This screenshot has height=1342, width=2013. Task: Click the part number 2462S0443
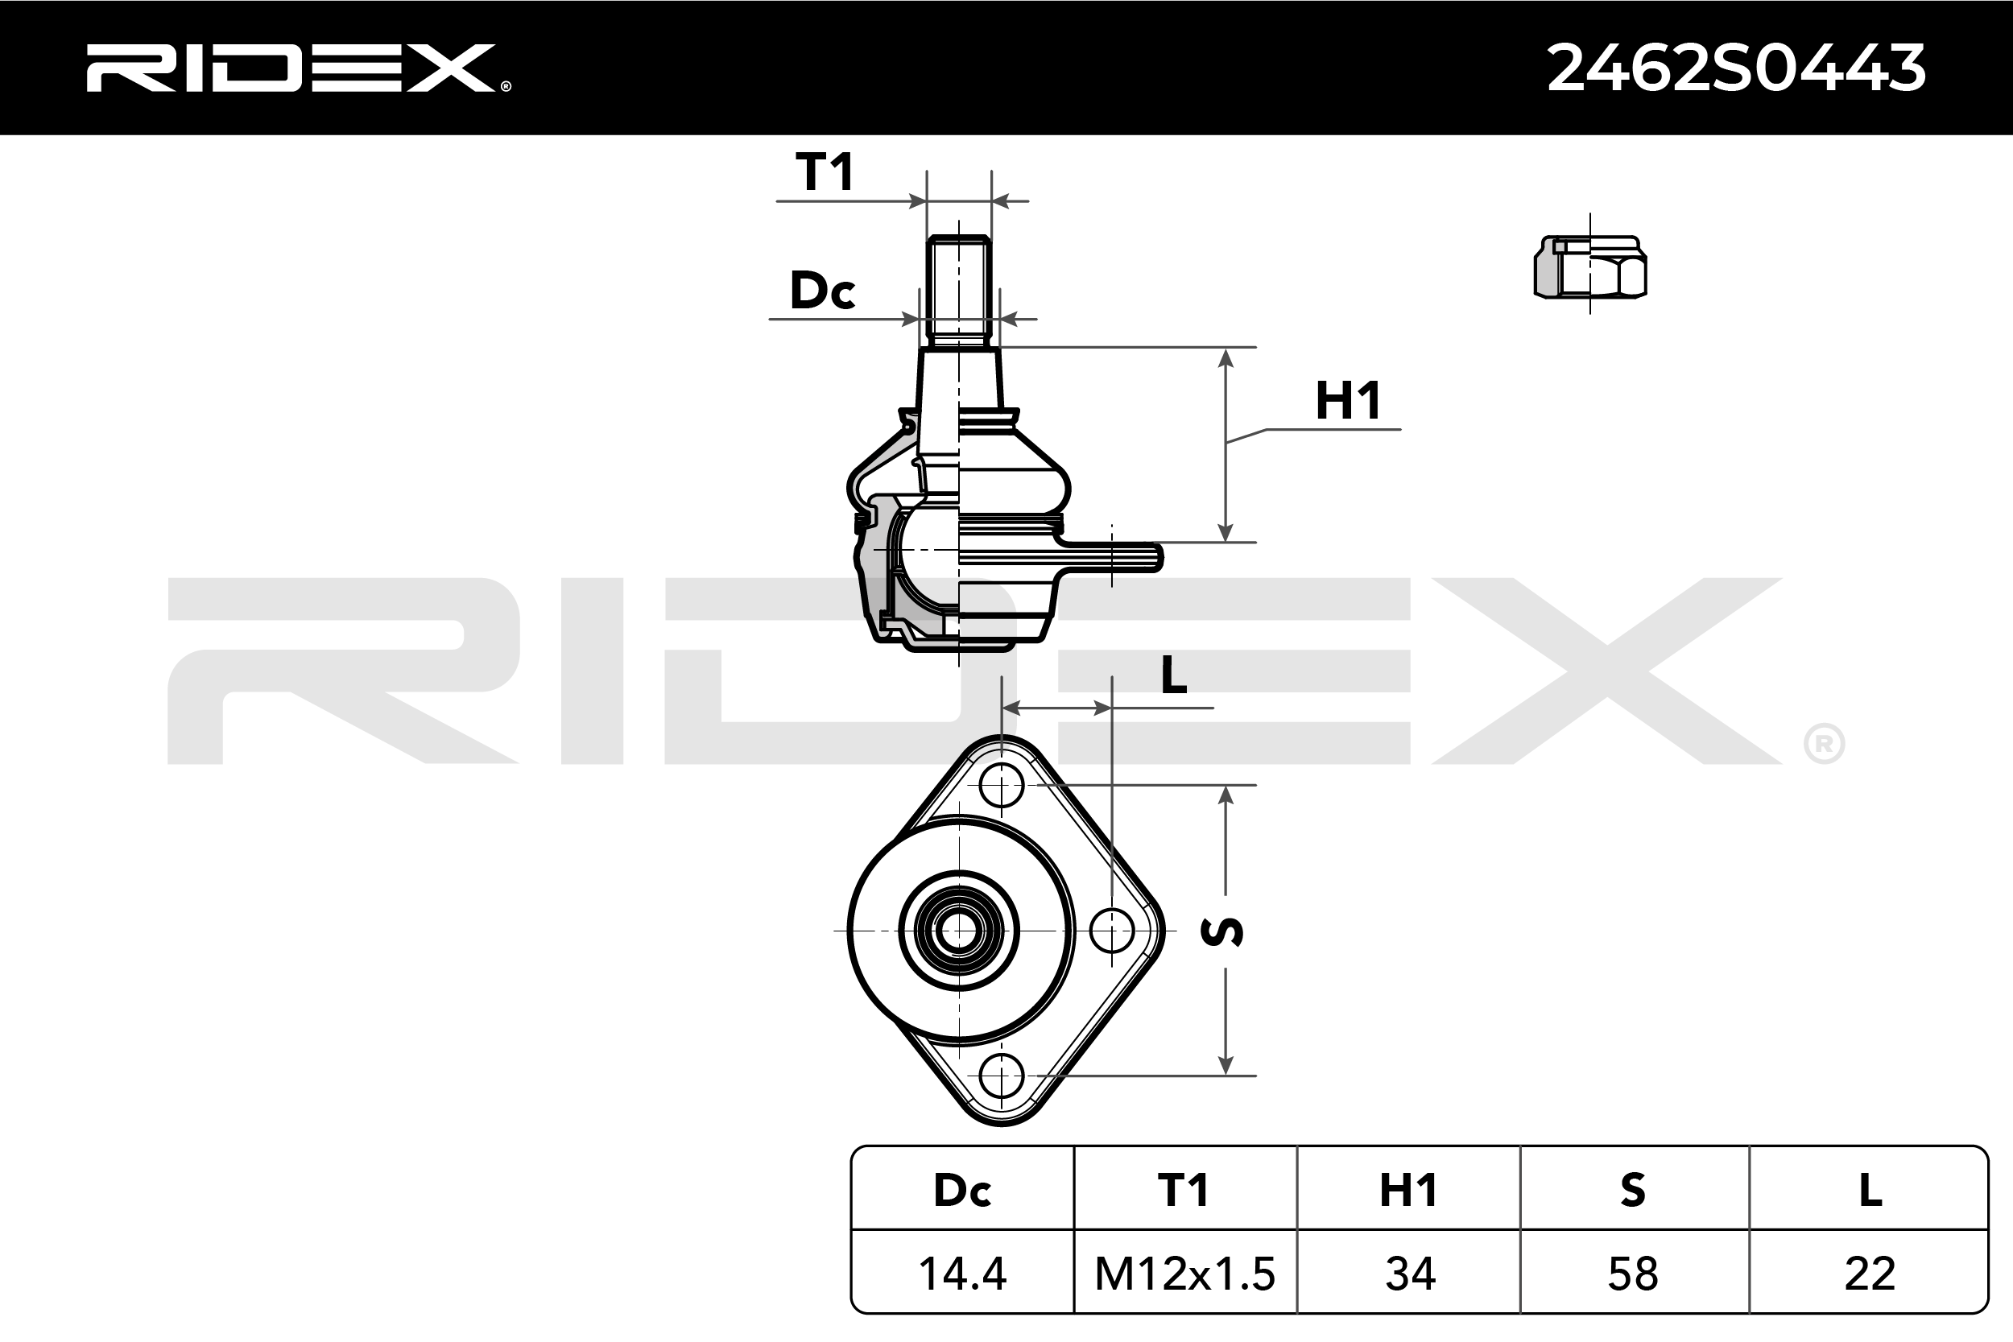coord(1736,68)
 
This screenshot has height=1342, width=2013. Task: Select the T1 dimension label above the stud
coord(825,172)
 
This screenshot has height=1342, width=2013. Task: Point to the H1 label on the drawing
coord(1348,401)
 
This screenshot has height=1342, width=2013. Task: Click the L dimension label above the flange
coord(1173,676)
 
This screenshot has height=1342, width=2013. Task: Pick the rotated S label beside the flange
coord(1222,931)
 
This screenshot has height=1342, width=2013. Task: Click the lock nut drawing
coord(1590,267)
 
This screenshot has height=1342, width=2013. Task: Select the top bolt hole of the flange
coord(1002,785)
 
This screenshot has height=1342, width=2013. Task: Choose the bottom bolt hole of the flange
coord(1002,1076)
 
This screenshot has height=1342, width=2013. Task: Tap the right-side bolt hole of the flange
coord(1112,931)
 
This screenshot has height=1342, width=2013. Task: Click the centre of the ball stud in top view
coord(958,931)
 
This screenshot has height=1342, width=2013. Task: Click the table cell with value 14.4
coord(962,1274)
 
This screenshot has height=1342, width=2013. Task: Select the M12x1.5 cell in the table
coord(1184,1274)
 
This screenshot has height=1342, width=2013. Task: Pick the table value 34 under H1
coord(1410,1274)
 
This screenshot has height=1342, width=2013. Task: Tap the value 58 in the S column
coord(1633,1274)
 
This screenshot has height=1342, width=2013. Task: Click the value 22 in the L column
coord(1869,1274)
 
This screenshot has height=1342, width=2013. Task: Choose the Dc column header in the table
coord(962,1191)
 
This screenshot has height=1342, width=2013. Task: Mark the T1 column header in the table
coord(1184,1191)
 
